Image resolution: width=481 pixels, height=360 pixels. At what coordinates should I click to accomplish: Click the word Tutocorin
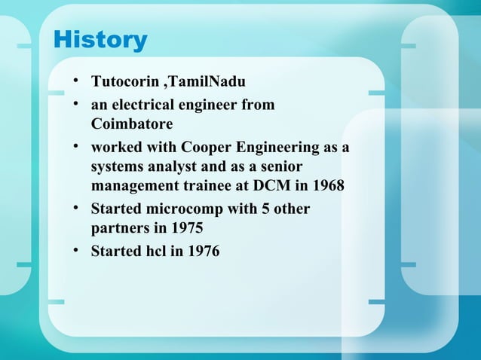pyautogui.click(x=120, y=81)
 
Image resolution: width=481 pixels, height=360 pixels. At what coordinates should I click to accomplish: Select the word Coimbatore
pyautogui.click(x=132, y=123)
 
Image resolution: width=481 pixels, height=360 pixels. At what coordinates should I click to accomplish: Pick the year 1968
pyautogui.click(x=326, y=185)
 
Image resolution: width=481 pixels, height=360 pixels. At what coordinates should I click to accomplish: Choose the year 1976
pyautogui.click(x=201, y=251)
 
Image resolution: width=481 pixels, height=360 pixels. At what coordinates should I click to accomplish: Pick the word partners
pyautogui.click(x=121, y=227)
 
